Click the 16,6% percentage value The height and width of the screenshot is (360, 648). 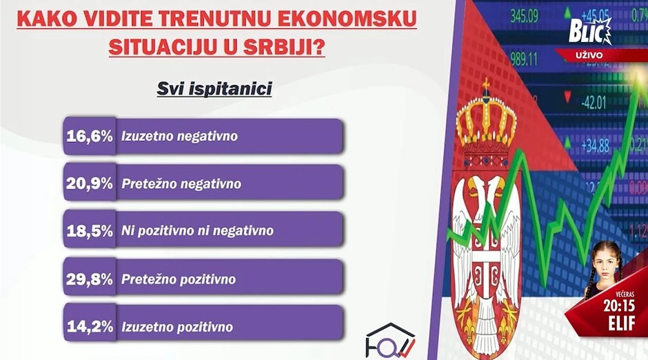tap(89, 136)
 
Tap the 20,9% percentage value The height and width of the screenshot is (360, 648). tap(89, 183)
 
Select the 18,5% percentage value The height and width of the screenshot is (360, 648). tap(89, 231)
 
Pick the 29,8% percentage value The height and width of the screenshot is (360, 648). tap(89, 279)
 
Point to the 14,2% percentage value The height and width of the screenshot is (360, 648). tap(89, 326)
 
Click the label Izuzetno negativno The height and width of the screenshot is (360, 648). tap(179, 136)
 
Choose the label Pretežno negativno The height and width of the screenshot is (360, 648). tap(181, 183)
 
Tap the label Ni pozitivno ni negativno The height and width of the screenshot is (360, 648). tap(197, 231)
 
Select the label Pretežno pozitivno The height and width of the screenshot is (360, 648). tap(179, 279)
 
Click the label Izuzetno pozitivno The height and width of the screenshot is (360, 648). tap(177, 326)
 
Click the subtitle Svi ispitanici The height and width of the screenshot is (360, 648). tap(214, 89)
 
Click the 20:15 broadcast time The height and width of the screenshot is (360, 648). tap(618, 305)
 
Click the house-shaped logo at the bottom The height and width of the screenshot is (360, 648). tap(390, 339)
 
